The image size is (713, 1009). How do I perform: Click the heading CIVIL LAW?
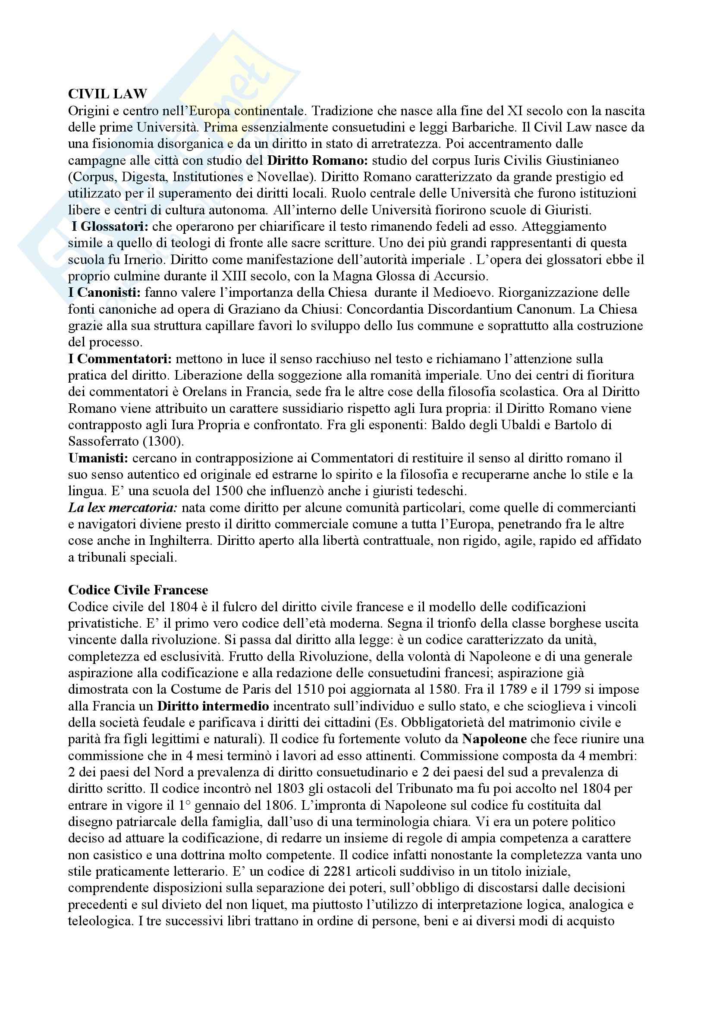pos(108,94)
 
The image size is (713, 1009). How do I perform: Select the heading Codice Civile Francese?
pos(138,590)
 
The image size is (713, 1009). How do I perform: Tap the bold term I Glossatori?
pos(110,227)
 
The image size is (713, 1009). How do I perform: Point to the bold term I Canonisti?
pos(104,292)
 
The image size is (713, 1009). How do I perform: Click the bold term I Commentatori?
pos(120,359)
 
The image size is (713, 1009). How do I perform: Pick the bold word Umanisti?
pos(98,458)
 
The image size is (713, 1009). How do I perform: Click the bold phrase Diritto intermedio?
pos(213,706)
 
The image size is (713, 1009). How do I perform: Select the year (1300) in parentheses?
pos(167,441)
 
